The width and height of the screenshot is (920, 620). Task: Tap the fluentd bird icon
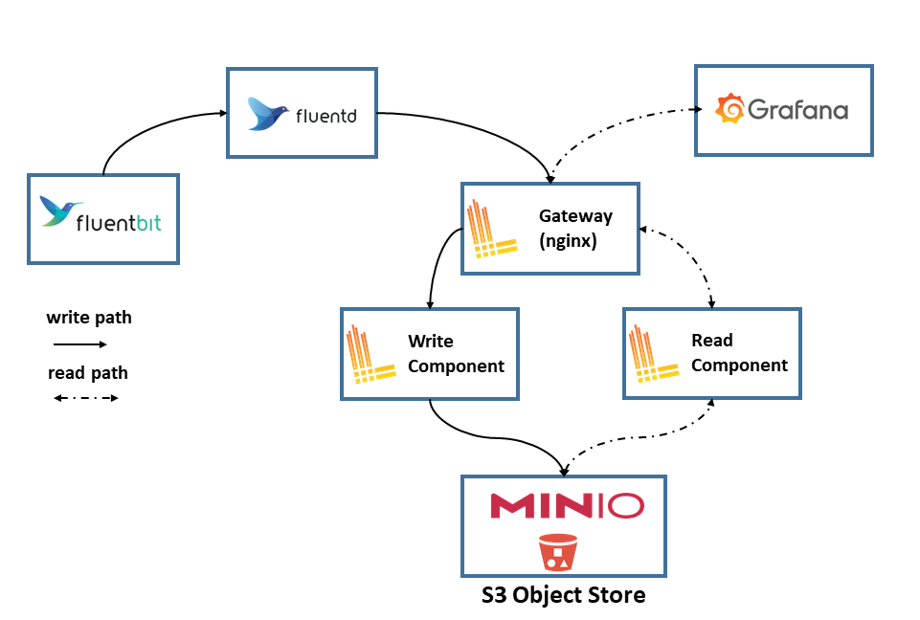pyautogui.click(x=268, y=113)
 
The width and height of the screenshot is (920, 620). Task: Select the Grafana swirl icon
pyautogui.click(x=729, y=108)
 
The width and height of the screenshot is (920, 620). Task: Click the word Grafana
pyautogui.click(x=798, y=110)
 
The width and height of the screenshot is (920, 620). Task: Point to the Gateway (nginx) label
pyautogui.click(x=575, y=228)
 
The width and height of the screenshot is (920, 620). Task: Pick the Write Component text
pyautogui.click(x=456, y=353)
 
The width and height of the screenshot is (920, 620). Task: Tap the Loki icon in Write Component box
pyautogui.click(x=370, y=354)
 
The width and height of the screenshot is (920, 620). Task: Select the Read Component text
pyautogui.click(x=739, y=352)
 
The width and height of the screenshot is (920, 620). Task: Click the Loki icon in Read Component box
pyautogui.click(x=653, y=354)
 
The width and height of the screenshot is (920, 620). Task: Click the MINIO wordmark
pyautogui.click(x=567, y=505)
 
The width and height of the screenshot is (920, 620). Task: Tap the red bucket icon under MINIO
pyautogui.click(x=558, y=552)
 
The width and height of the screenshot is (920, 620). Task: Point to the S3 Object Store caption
pyautogui.click(x=563, y=595)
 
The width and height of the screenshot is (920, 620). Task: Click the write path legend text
pyautogui.click(x=89, y=318)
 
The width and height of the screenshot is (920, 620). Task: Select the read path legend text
pyautogui.click(x=88, y=373)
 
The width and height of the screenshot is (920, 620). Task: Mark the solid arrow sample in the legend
pyautogui.click(x=79, y=344)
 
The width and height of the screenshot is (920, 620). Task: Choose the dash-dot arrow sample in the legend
pyautogui.click(x=85, y=398)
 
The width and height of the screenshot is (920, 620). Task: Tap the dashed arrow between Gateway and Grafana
pyautogui.click(x=610, y=124)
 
